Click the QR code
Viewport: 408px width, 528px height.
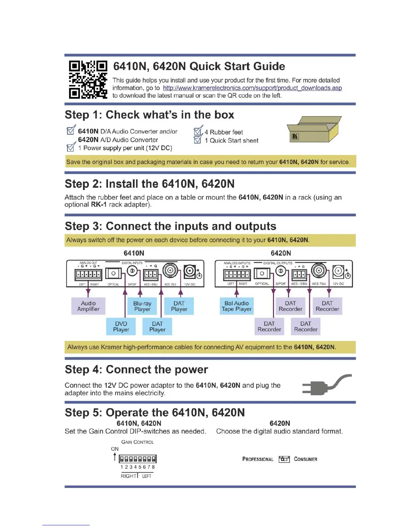click(x=88, y=80)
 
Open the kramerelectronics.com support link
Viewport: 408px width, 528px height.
click(x=252, y=88)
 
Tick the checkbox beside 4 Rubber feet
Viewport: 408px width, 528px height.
click(x=198, y=131)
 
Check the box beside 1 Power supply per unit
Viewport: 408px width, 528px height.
click(x=71, y=147)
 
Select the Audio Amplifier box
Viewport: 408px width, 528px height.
click(x=88, y=306)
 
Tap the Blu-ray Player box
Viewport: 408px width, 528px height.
click(x=142, y=306)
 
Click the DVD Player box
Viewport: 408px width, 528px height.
click(x=121, y=326)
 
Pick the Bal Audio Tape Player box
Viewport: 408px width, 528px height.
click(x=237, y=306)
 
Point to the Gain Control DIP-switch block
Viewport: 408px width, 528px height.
click(x=138, y=459)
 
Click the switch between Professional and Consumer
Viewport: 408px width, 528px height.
click(x=284, y=459)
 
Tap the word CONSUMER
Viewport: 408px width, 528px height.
click(x=306, y=459)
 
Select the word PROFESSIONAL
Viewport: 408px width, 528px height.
click(x=258, y=459)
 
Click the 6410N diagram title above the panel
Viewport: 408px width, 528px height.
click(x=134, y=253)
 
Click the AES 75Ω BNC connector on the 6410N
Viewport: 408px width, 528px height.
click(x=170, y=270)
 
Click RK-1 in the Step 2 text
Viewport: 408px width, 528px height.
click(x=99, y=205)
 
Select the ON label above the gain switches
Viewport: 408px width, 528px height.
click(x=115, y=449)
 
